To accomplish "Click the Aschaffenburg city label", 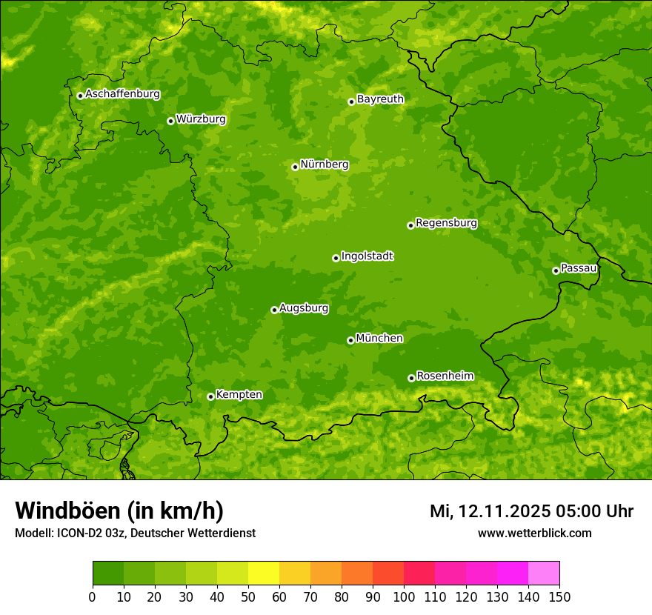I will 122,94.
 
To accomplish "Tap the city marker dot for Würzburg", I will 170,121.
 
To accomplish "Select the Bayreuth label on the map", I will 380,99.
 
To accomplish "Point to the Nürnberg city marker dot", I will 295,167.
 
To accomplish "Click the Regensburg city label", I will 446,223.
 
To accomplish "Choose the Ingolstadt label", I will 367,256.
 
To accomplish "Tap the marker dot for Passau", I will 556,270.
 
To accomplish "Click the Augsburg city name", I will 304,308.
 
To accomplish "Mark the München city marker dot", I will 350,340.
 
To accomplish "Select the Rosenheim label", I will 445,376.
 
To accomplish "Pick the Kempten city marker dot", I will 210,396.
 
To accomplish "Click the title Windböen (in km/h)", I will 119,511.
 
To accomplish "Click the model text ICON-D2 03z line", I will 135,533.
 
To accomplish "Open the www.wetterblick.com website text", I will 534,533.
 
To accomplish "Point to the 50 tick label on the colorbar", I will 248,597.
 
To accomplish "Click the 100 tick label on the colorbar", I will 404,597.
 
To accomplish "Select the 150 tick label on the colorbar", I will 559,597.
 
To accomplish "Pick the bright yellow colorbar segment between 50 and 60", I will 264,574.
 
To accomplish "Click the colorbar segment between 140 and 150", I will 544,574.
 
